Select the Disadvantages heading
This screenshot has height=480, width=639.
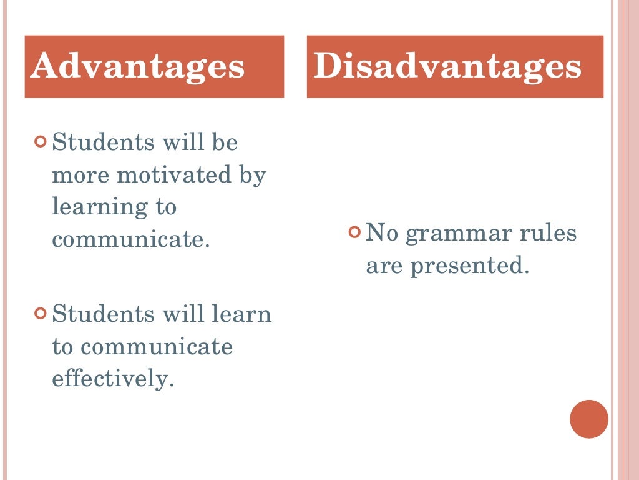(x=447, y=67)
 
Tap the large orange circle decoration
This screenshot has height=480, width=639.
(x=588, y=419)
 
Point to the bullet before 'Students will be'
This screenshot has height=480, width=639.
(x=41, y=142)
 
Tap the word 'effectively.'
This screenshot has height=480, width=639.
(x=112, y=379)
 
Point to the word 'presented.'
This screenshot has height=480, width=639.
(x=471, y=266)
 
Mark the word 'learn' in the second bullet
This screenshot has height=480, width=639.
(x=245, y=313)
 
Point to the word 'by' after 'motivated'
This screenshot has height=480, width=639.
(x=253, y=176)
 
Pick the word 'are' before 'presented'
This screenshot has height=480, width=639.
(x=384, y=266)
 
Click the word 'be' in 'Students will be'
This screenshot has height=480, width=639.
(x=226, y=142)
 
